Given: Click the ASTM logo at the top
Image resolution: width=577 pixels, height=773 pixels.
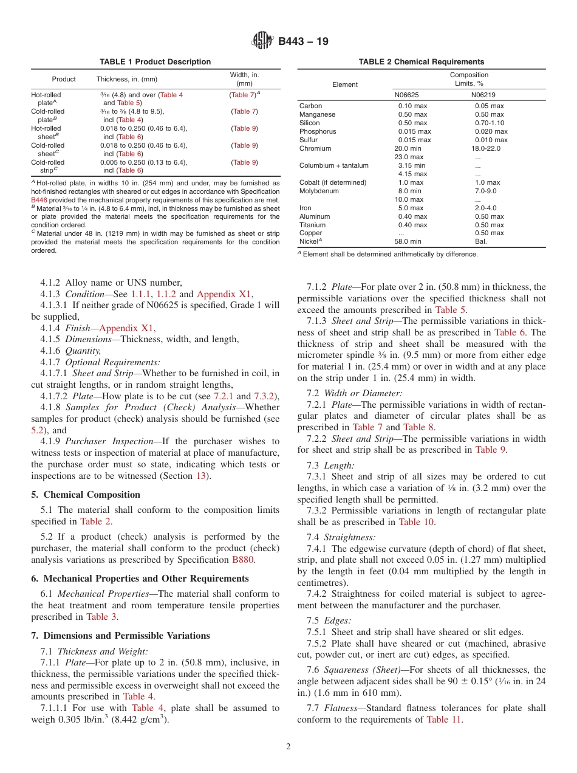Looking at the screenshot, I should point(262,41).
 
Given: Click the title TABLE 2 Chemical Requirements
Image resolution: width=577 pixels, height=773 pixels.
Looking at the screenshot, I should point(421,62).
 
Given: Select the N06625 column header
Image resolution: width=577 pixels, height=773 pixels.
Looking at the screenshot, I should point(408,95).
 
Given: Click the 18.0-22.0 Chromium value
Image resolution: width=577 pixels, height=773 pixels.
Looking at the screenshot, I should point(488,148).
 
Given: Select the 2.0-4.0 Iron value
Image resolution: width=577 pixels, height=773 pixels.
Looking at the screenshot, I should point(485,208).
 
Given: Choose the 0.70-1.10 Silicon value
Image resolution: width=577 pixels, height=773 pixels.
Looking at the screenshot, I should point(490,123).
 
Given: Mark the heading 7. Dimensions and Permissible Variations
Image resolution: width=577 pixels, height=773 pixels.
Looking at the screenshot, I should point(120,636).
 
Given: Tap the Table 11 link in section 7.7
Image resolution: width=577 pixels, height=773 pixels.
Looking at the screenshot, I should point(446,720).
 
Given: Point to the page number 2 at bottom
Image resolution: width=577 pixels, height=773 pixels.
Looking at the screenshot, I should point(288,747).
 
